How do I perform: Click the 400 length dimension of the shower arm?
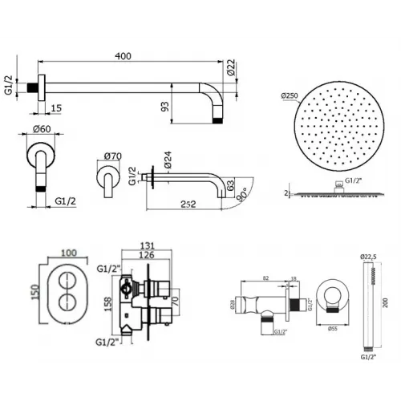122,56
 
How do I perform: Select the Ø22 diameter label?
231,68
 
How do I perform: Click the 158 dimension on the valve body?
105,303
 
